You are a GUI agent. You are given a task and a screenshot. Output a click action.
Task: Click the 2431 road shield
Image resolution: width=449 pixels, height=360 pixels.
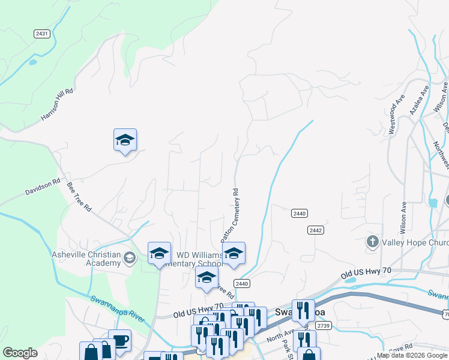41,34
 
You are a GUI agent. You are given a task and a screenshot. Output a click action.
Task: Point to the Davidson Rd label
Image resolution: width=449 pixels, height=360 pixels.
43,186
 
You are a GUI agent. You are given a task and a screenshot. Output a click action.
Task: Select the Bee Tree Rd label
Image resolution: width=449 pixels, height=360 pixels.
79,197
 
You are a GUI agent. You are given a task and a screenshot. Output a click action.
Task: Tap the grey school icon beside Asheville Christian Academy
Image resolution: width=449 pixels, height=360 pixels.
129,259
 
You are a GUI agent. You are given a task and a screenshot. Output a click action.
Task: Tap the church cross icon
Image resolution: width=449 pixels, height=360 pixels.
372,242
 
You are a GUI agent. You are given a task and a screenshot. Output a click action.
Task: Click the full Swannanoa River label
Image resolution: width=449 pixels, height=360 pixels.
118,308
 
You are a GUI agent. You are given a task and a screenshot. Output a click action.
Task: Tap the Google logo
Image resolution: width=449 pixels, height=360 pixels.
20,353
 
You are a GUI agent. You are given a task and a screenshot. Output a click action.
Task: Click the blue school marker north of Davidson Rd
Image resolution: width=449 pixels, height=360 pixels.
125,140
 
